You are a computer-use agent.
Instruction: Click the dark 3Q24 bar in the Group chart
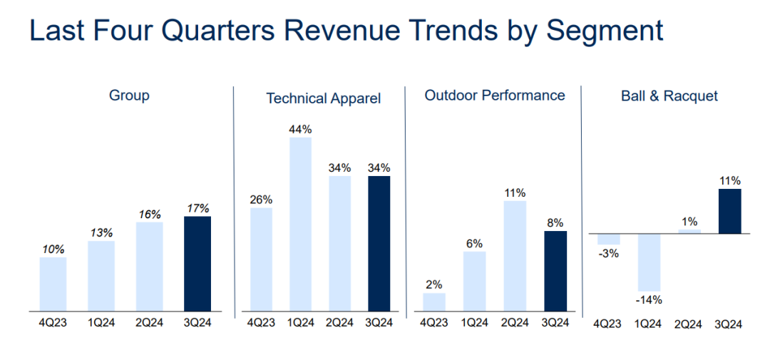[x=197, y=264]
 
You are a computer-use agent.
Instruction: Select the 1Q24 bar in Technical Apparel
[x=301, y=224]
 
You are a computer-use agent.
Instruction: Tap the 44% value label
[x=301, y=129]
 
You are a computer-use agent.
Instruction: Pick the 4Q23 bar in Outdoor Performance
[x=434, y=302]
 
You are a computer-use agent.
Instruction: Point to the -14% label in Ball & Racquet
[x=648, y=299]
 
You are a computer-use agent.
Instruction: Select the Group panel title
[x=129, y=96]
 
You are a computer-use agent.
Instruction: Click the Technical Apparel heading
[x=324, y=98]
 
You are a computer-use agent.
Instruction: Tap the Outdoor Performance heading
[x=495, y=96]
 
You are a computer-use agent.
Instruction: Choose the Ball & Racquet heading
[x=669, y=96]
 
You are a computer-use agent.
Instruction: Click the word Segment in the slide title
[x=605, y=31]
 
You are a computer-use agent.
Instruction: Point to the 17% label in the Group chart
[x=197, y=208]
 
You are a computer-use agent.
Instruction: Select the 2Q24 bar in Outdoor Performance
[x=515, y=256]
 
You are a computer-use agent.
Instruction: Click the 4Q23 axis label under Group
[x=52, y=322]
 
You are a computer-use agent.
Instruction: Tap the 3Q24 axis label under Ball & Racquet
[x=729, y=324]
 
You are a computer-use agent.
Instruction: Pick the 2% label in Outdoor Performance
[x=434, y=284]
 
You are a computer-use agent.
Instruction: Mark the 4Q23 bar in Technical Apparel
[x=261, y=259]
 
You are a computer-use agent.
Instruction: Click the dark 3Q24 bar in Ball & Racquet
[x=729, y=211]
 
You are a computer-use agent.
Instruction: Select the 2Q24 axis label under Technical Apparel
[x=339, y=322]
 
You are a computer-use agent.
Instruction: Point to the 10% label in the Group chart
[x=53, y=250]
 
